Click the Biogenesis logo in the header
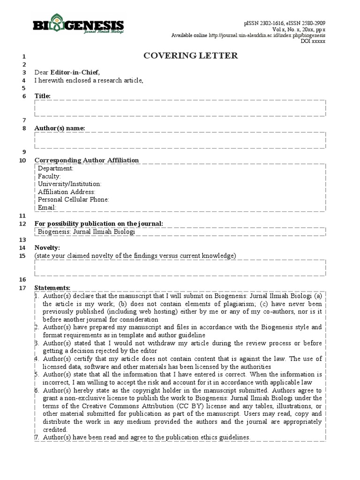coord(78,27)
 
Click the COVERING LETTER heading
coord(190,56)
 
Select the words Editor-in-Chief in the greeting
coord(75,72)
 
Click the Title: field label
coord(43,96)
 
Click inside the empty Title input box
coord(180,108)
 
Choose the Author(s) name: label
coord(60,128)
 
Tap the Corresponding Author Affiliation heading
coord(87,160)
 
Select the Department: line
coord(56,168)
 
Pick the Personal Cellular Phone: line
coord(74,200)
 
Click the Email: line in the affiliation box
coord(47,207)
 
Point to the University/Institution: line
coord(69,184)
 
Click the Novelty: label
coord(47,247)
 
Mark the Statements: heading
coord(52,288)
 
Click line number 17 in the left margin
coord(22,288)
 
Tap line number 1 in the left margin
coord(24,56)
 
